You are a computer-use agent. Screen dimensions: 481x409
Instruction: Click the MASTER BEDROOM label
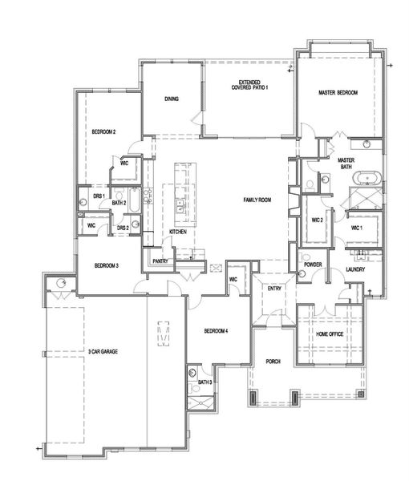click(x=337, y=94)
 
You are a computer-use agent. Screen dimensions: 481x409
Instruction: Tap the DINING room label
click(x=172, y=99)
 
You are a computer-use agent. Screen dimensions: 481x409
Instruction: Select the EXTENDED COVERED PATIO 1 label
click(x=249, y=84)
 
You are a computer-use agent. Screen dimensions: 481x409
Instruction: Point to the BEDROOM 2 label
click(x=103, y=131)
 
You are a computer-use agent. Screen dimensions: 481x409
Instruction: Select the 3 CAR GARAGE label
click(x=105, y=351)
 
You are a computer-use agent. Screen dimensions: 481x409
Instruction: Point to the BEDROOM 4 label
click(x=216, y=331)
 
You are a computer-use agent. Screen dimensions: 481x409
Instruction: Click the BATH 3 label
click(x=204, y=383)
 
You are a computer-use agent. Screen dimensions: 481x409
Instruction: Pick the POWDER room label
click(x=313, y=264)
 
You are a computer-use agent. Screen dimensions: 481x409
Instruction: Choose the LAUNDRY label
click(x=355, y=269)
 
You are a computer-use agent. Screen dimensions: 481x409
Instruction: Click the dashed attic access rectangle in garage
click(x=164, y=333)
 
